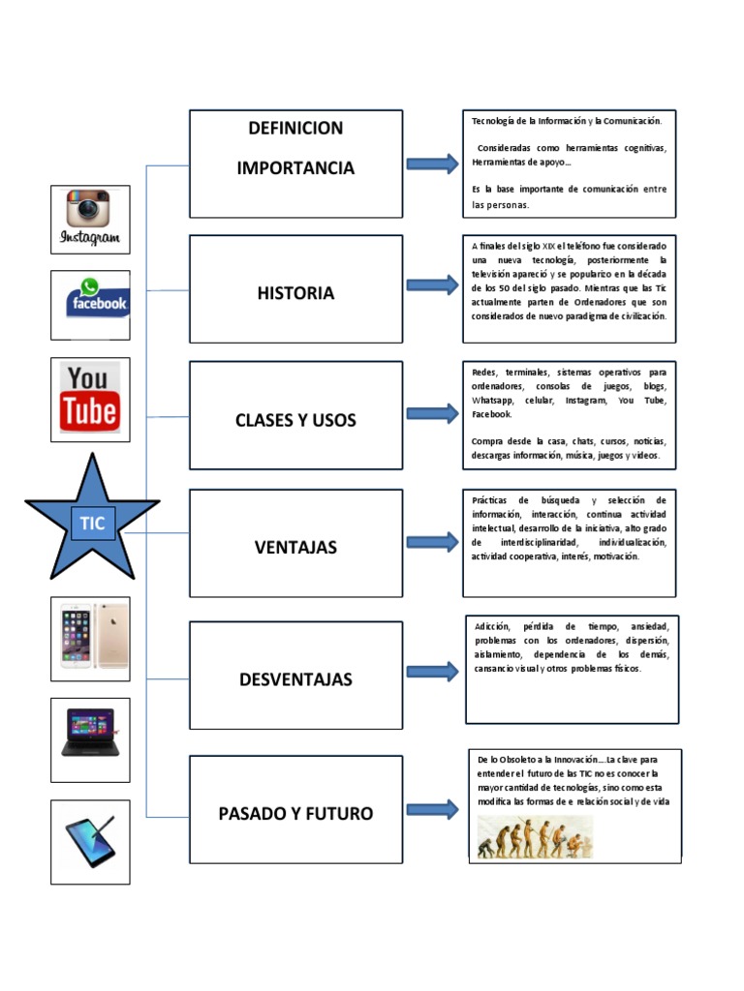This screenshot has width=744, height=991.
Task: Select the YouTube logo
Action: coord(90,398)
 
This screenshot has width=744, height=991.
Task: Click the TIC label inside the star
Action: coord(93,523)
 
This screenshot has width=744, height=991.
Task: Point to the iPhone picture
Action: coord(90,637)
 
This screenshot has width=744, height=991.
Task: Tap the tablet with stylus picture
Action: coord(90,841)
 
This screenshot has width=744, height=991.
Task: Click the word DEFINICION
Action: coord(295,129)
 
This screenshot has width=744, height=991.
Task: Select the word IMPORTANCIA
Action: coord(295,168)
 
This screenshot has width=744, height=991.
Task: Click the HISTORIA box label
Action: coord(295,293)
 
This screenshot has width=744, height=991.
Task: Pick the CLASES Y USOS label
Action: coord(295,420)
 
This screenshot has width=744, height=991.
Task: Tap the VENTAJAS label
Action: coord(295,547)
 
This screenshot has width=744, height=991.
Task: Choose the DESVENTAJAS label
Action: coord(295,679)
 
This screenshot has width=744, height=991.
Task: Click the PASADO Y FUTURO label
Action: coord(295,813)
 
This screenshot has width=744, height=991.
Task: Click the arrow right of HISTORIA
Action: coord(432,285)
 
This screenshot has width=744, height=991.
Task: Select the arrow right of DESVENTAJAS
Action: coord(432,672)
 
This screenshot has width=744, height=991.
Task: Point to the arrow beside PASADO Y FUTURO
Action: coord(432,810)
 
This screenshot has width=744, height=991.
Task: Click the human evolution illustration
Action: coord(535,838)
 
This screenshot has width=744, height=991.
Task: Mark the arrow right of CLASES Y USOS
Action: coord(432,413)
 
